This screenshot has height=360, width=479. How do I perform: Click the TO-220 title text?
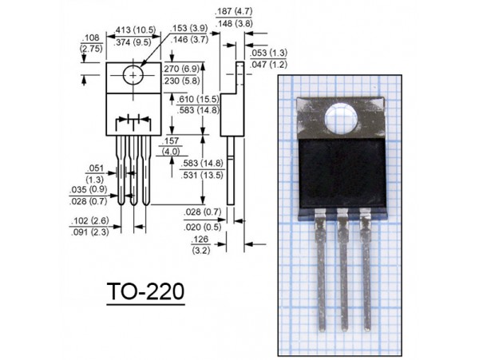[x=146, y=291]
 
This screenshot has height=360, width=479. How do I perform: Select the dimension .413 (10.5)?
[x=135, y=30]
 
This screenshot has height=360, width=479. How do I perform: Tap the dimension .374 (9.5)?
[x=133, y=42]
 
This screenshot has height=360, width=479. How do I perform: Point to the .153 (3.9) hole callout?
[x=188, y=28]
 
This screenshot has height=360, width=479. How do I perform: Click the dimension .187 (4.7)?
[x=234, y=12]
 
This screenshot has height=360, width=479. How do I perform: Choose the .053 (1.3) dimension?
[x=268, y=53]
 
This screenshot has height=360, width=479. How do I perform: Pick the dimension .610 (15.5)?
[x=198, y=99]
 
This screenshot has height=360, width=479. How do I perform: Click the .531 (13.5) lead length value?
[x=202, y=176]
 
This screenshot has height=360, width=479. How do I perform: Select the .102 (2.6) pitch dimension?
[x=89, y=220]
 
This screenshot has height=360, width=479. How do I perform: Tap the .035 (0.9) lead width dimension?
[x=89, y=190]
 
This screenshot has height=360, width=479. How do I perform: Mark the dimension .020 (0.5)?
[x=203, y=227]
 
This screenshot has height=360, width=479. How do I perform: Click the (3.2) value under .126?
[x=201, y=251]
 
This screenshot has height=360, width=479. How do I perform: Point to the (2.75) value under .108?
[x=91, y=49]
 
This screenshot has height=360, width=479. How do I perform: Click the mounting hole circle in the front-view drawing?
[x=133, y=75]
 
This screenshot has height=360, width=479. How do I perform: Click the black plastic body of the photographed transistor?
[x=342, y=172]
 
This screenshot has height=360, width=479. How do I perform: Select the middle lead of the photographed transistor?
[x=343, y=270]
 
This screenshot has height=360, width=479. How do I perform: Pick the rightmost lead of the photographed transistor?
[x=366, y=270]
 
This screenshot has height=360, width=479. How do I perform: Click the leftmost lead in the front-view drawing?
[x=121, y=170]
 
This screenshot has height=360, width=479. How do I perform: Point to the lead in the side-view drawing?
[x=231, y=170]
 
